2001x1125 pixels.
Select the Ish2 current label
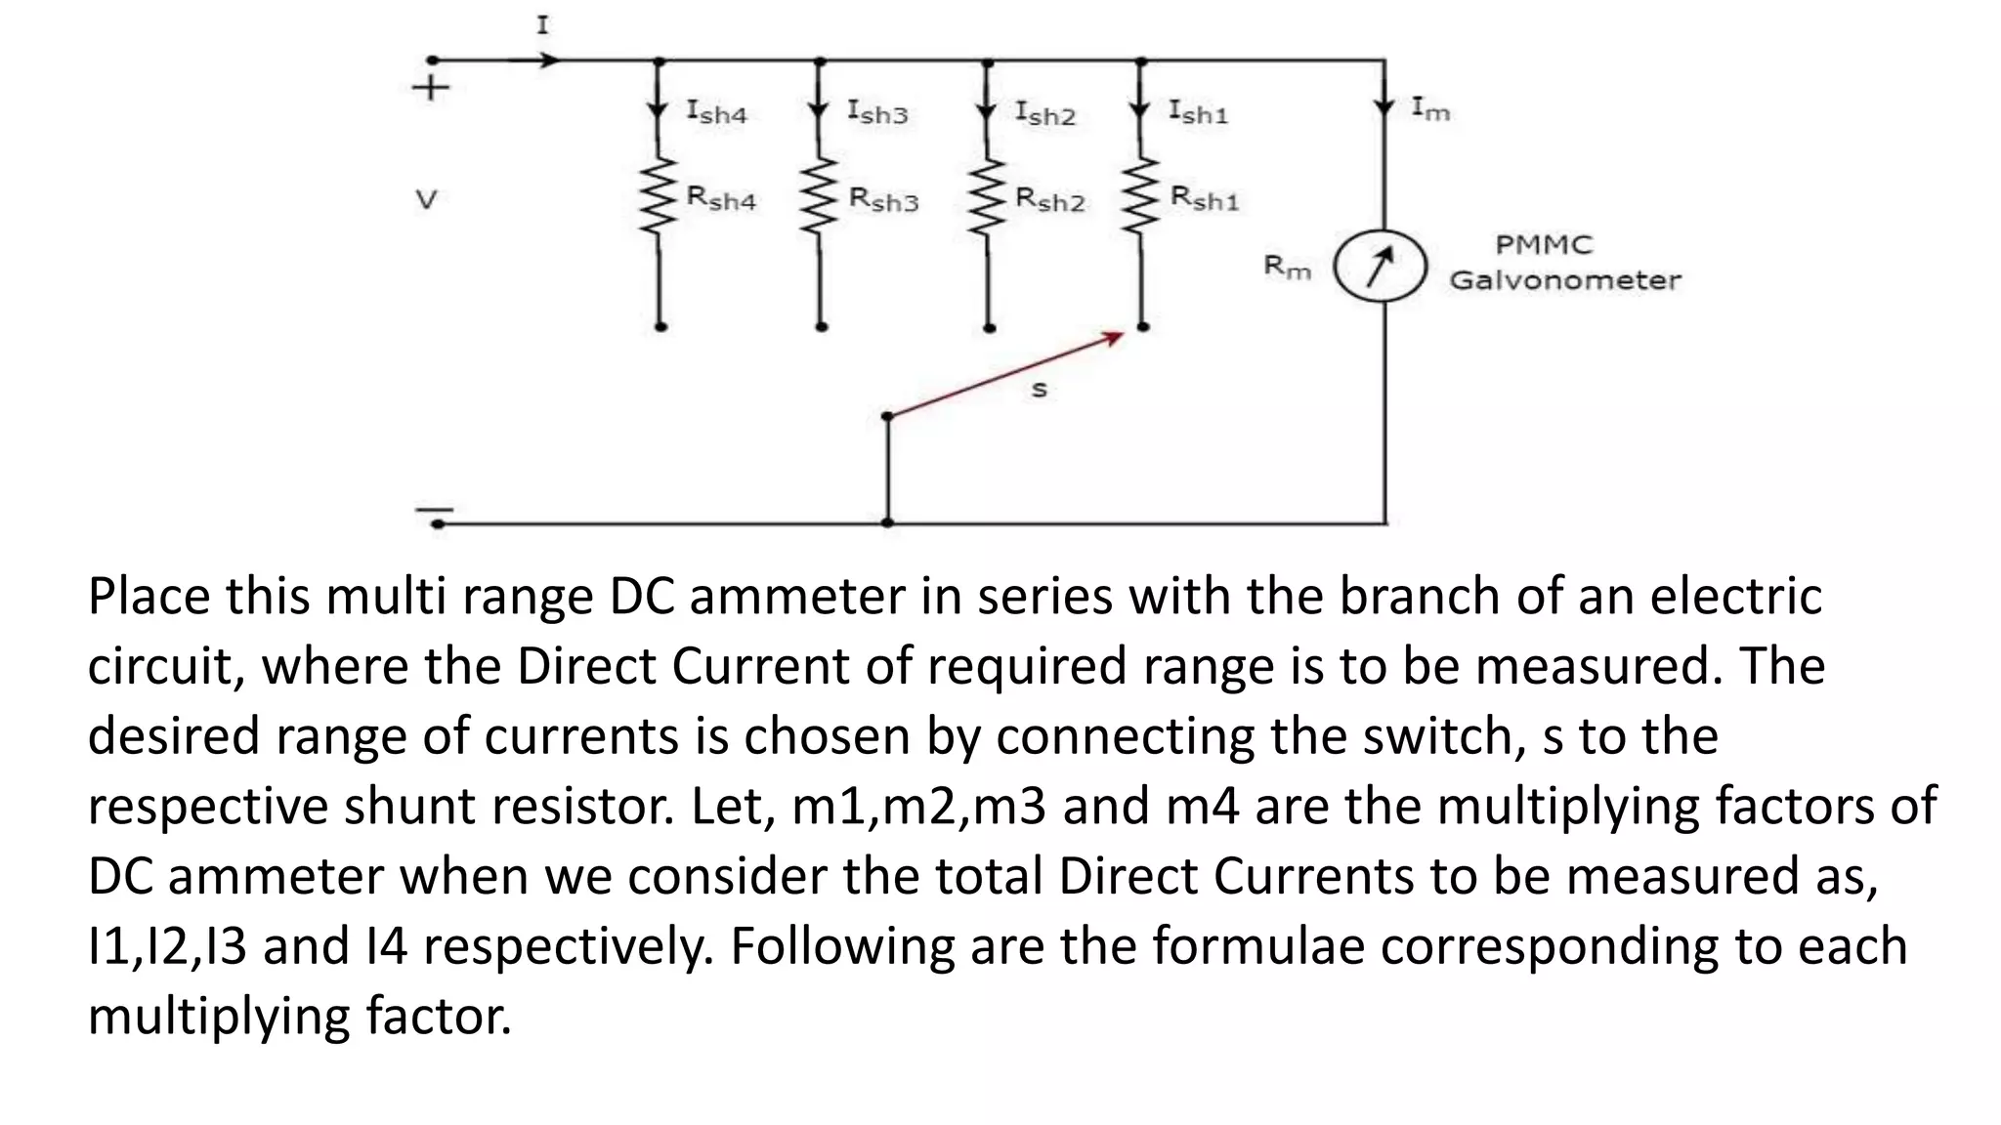[1044, 113]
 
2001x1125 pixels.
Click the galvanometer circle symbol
[1381, 265]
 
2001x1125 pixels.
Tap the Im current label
[1430, 109]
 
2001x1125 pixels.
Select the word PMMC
[1544, 244]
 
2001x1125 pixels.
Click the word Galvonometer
[1565, 280]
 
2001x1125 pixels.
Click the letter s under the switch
[1039, 390]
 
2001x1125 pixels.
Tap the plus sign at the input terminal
[431, 88]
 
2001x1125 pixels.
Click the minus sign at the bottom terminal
[434, 510]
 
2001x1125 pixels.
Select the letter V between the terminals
[426, 200]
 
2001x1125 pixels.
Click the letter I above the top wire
[542, 25]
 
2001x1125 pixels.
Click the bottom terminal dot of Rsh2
[989, 328]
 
